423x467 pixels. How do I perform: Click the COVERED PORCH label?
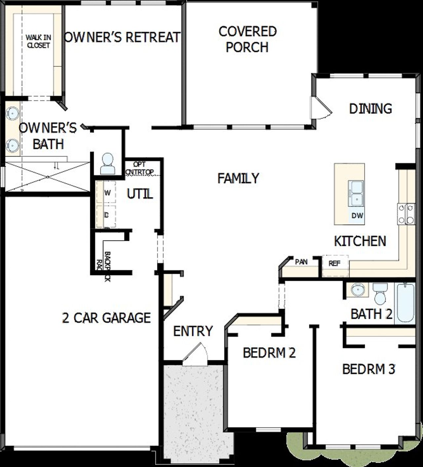coord(248,39)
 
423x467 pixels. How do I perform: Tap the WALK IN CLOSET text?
coord(38,41)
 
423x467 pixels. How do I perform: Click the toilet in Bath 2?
coord(379,293)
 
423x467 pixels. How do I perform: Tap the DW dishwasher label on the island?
coord(357,216)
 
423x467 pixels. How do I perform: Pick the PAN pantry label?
coord(301,262)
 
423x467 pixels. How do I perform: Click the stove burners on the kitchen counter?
coord(406,214)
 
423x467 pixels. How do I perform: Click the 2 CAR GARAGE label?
coord(106,318)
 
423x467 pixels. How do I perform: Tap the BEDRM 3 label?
coord(368,369)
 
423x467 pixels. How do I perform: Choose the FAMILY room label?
coord(238,178)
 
